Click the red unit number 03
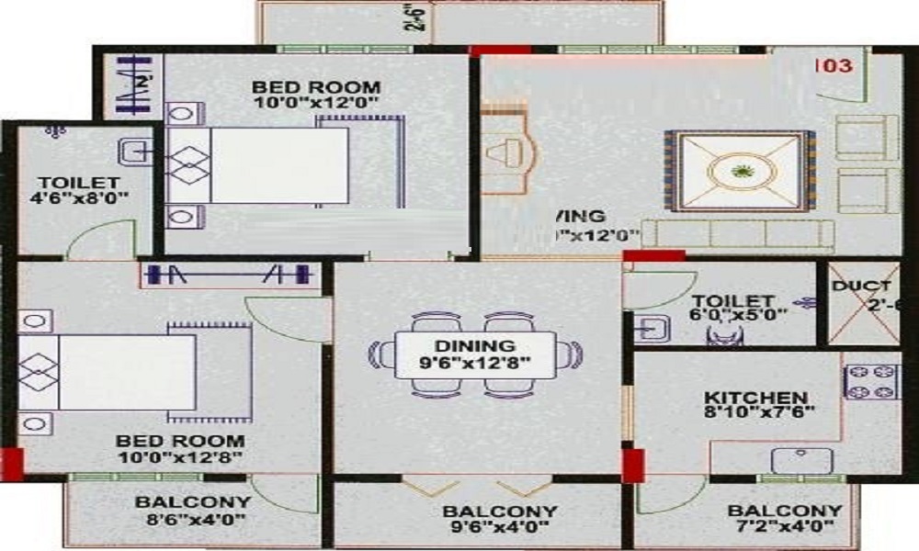coord(835,66)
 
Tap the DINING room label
coord(475,346)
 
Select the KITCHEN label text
coord(749,398)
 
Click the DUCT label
coord(861,287)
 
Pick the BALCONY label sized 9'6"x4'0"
coord(499,512)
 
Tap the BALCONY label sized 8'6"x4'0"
coord(192,502)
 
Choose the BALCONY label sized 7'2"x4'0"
coord(784,512)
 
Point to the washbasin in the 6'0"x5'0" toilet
coord(652,328)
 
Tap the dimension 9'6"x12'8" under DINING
coord(475,364)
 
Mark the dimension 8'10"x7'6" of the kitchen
coord(758,415)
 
